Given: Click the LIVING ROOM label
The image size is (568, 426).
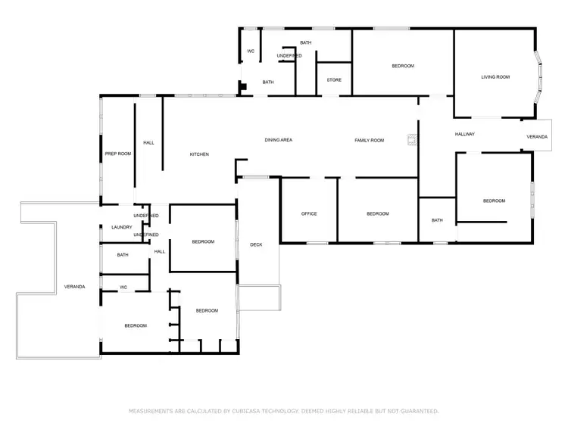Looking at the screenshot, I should pyautogui.click(x=496, y=76).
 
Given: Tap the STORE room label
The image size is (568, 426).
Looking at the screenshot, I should pyautogui.click(x=334, y=79).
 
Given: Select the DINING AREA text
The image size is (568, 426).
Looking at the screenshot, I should pyautogui.click(x=278, y=140).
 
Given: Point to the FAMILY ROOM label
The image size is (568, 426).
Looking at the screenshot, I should pyautogui.click(x=370, y=140).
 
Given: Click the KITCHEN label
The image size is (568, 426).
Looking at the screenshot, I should pyautogui.click(x=199, y=154).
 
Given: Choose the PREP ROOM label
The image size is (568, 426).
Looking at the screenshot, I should pyautogui.click(x=117, y=154).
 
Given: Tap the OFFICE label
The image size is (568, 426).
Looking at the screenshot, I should pyautogui.click(x=309, y=213).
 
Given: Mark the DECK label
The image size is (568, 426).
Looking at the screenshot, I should pyautogui.click(x=256, y=244).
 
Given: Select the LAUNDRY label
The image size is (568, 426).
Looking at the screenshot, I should pyautogui.click(x=122, y=227).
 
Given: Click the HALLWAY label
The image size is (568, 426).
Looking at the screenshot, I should pyautogui.click(x=464, y=134).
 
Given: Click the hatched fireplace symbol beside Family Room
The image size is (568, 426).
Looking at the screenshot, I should pyautogui.click(x=412, y=139).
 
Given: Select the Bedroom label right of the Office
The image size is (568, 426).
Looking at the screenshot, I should pyautogui.click(x=377, y=213).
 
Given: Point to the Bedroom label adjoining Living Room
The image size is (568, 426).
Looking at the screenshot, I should pyautogui.click(x=403, y=66).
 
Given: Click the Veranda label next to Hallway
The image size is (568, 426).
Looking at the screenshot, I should pyautogui.click(x=537, y=136).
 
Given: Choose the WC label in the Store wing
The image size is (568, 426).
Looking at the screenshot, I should pyautogui.click(x=251, y=51).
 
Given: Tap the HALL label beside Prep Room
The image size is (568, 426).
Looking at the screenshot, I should pyautogui.click(x=148, y=142).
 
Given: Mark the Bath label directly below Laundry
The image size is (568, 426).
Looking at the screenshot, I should pyautogui.click(x=123, y=255).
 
